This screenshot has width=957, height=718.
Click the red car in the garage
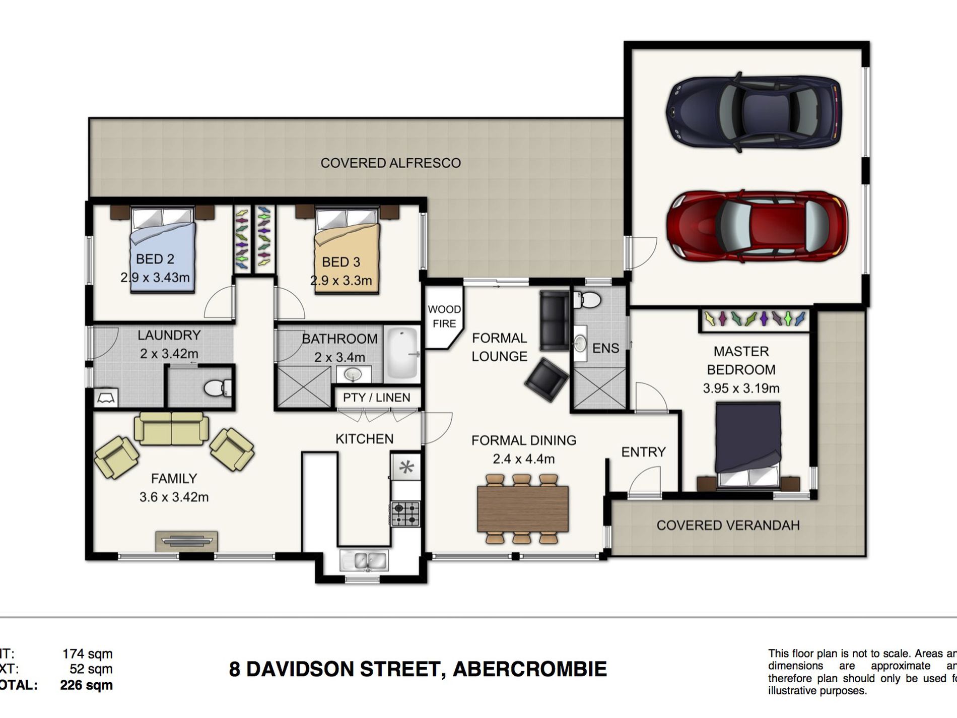[x=757, y=225]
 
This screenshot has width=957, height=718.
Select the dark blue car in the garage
[x=754, y=112]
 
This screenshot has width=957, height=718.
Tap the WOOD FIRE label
[x=444, y=316]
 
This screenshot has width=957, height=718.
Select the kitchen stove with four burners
[x=405, y=514]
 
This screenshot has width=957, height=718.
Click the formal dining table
[x=522, y=509]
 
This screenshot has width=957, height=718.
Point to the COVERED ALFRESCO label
[x=390, y=163]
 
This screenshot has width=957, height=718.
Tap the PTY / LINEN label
[x=376, y=398]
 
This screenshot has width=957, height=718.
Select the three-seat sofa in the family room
[x=171, y=428]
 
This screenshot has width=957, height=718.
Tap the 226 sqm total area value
[x=86, y=685]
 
